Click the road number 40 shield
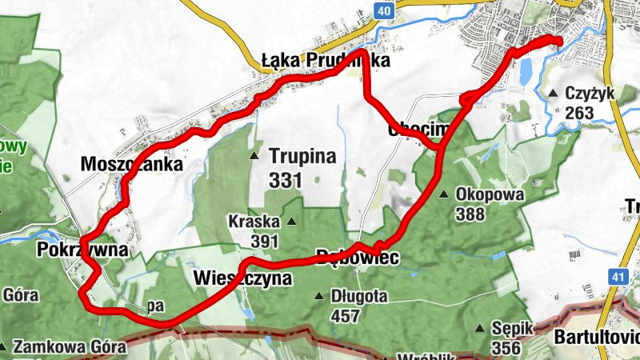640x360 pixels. point(385,10)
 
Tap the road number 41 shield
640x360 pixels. point(617,276)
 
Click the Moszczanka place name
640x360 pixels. point(132,164)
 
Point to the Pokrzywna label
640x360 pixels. point(82,250)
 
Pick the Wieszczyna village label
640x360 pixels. point(242,278)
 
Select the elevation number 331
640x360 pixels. point(285,181)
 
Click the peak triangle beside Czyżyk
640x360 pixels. point(554,94)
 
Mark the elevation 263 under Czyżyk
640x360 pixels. point(579,112)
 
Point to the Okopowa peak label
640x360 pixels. point(489,194)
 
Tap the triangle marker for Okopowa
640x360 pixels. point(444,194)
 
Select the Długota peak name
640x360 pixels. point(358,296)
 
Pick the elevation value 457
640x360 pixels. point(346,316)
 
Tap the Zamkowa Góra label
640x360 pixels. point(70,347)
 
